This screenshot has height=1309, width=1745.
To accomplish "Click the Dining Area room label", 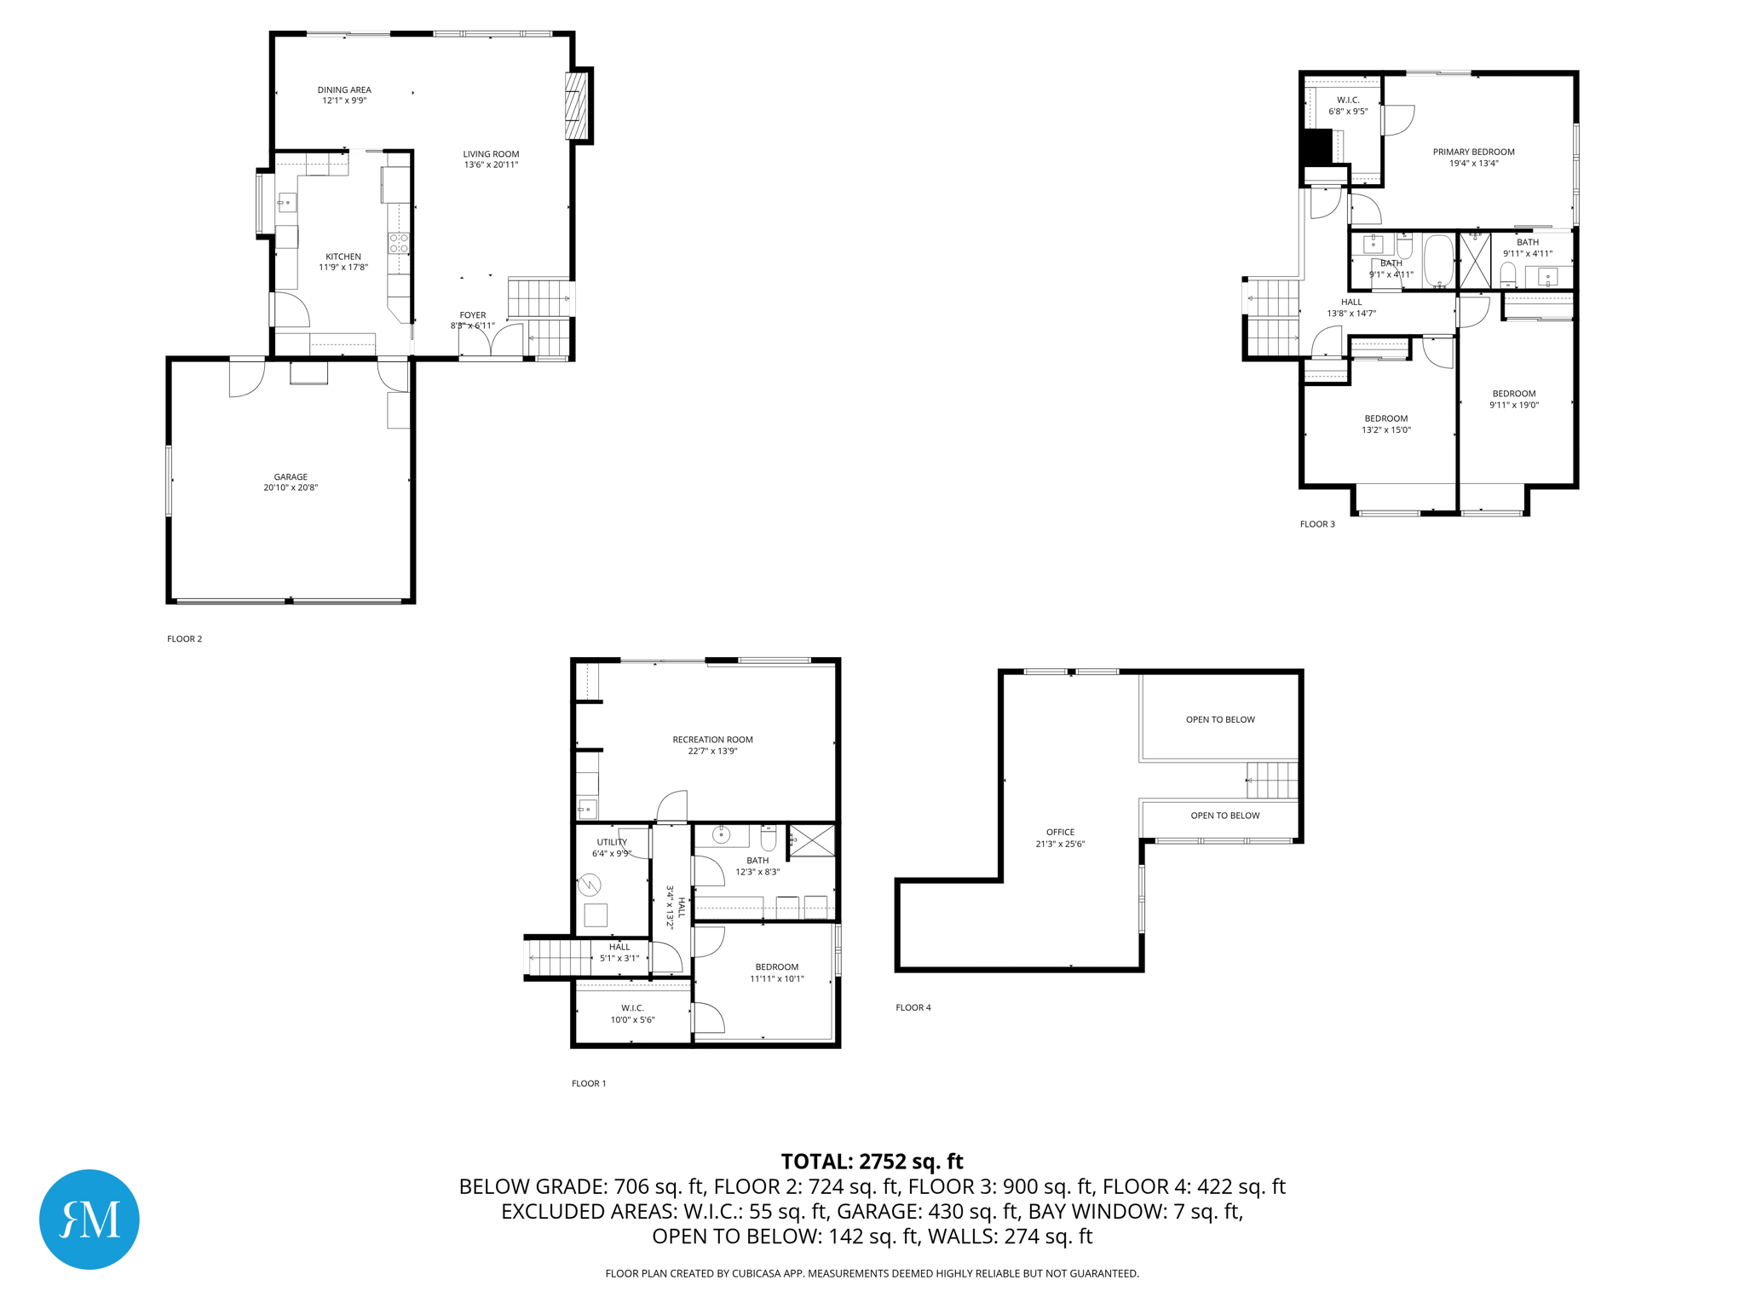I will click(344, 89).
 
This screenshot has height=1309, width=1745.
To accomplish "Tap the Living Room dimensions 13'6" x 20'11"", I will click(491, 165).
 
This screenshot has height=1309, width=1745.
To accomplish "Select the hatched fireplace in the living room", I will click(577, 106).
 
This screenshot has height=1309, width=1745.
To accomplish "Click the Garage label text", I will click(291, 477).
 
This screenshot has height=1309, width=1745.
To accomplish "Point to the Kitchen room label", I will click(343, 257).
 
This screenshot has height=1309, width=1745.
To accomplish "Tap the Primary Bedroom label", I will click(1473, 152).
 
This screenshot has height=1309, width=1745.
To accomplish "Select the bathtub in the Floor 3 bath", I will click(1438, 260).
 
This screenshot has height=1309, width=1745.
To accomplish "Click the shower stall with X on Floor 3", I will click(1475, 261).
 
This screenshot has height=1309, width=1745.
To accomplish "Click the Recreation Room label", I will click(712, 740).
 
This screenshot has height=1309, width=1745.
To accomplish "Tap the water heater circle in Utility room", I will click(590, 885).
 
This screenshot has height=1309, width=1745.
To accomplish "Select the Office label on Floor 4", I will click(1060, 832).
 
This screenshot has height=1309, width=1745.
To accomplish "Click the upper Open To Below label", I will click(1220, 719).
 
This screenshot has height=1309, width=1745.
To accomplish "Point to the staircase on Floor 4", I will click(1272, 780).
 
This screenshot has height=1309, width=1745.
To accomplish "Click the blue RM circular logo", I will click(89, 1219).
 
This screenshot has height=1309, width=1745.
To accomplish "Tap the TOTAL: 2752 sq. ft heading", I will click(872, 1162).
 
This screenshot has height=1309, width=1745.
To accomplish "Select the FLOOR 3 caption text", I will click(1317, 524).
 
